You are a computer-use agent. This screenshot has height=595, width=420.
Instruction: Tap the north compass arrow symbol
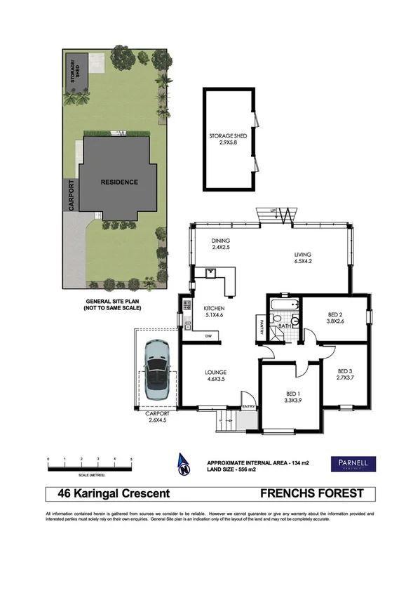184,464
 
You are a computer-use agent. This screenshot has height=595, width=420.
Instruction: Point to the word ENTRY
248,407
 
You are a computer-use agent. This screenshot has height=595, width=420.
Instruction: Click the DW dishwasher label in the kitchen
208,337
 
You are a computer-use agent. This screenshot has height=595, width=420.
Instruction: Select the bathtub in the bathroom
284,306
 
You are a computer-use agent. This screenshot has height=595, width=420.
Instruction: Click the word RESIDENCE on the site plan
119,182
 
